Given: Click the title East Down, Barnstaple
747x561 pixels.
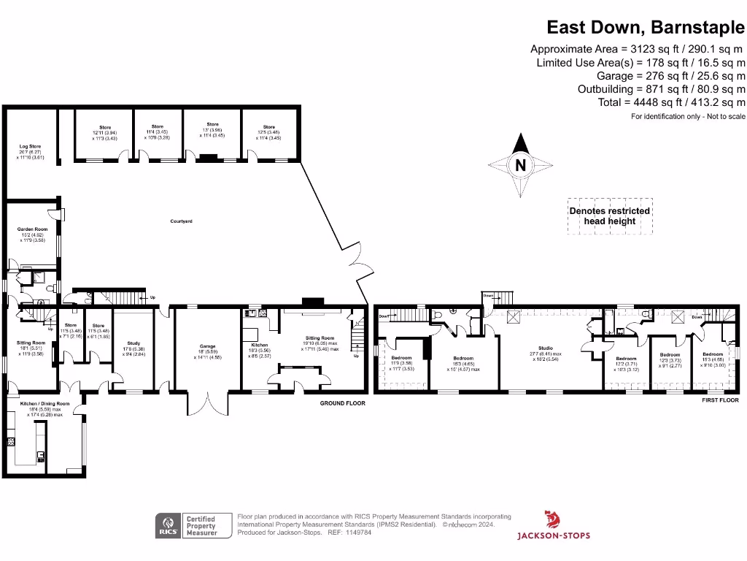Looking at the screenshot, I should (x=646, y=28).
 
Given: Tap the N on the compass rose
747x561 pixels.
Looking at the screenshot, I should (x=520, y=165).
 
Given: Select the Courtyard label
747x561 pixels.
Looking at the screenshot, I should (x=181, y=221).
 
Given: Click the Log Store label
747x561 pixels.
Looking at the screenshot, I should (x=30, y=147).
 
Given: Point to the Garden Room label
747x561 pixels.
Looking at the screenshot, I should (x=32, y=229).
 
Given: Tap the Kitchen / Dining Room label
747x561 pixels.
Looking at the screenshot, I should (x=49, y=403).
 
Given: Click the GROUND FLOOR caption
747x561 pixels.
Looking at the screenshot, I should (x=342, y=402).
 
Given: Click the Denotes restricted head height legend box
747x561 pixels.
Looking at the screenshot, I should (x=610, y=216).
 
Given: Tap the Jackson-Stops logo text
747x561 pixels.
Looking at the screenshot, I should (x=554, y=535).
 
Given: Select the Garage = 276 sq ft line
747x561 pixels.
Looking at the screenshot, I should (x=671, y=76).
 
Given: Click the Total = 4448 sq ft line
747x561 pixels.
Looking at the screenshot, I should (x=671, y=102).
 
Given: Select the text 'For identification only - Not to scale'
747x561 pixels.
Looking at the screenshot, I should (x=688, y=117).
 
